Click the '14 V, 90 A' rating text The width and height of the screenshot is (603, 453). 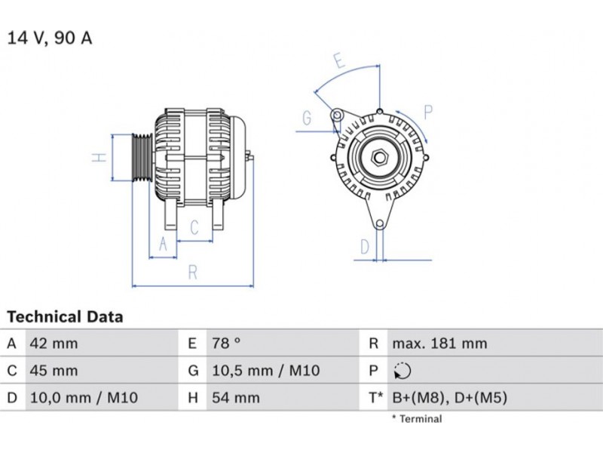tap(50, 39)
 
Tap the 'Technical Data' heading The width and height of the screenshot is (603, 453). tap(65, 316)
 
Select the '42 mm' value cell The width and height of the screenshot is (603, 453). tap(54, 344)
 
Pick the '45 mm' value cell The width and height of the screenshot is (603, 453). tap(54, 371)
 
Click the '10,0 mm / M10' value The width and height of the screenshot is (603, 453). tap(84, 398)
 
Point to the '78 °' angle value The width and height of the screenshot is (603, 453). tap(226, 344)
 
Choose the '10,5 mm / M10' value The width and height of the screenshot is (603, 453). tap(266, 371)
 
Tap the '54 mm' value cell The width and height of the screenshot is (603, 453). tap(236, 398)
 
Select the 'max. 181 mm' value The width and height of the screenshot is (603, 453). tap(439, 344)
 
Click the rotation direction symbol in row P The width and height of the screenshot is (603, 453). tap(403, 371)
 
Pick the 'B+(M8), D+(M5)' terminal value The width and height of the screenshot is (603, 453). tap(449, 398)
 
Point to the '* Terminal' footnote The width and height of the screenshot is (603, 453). tap(417, 419)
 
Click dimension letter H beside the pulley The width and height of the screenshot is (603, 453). tap(99, 157)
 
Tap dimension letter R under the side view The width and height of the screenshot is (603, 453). tap(193, 273)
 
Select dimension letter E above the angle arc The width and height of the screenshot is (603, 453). tap(339, 60)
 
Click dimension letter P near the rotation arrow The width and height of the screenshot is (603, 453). tap(428, 112)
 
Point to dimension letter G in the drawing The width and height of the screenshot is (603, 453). tap(307, 118)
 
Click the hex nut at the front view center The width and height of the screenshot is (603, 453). tap(380, 157)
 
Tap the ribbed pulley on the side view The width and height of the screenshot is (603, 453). tap(142, 157)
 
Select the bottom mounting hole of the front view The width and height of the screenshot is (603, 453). tap(380, 223)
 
